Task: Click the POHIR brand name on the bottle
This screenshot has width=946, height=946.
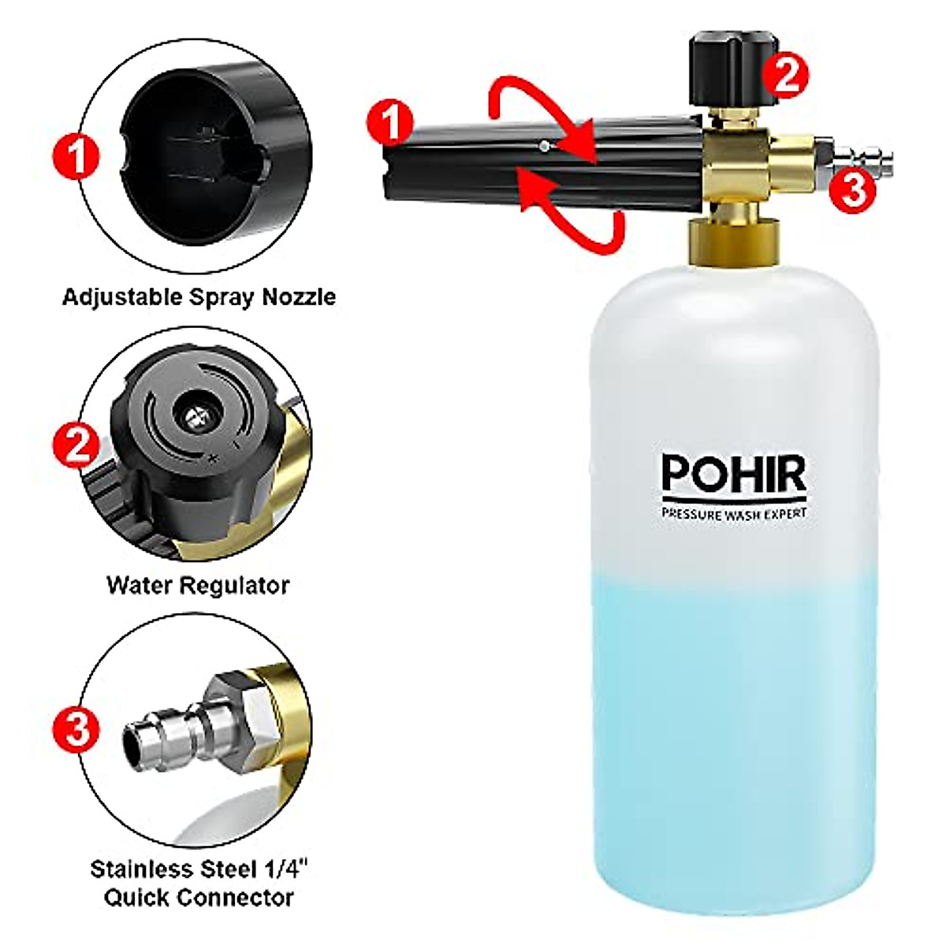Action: click(x=733, y=473)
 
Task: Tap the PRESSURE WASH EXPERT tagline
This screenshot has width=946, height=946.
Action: click(x=734, y=514)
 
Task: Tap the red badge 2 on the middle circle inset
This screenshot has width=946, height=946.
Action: click(x=76, y=446)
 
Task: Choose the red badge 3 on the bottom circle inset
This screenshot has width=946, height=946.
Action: click(x=76, y=728)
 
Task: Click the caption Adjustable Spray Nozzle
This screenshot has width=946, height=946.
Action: click(x=199, y=297)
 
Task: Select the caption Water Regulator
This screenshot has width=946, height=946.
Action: click(x=198, y=585)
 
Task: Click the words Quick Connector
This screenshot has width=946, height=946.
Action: click(x=199, y=897)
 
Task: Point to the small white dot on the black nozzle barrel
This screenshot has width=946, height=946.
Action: click(x=545, y=145)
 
